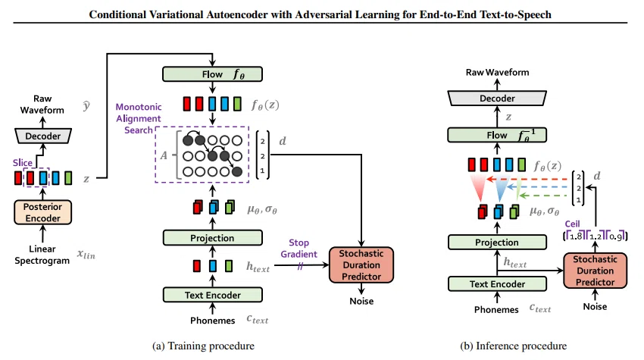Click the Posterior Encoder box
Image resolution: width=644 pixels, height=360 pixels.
42,212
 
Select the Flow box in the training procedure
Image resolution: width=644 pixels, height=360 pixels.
212,74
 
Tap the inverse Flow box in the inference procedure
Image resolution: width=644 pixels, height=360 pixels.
497,135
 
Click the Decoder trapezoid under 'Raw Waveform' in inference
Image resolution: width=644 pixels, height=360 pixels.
497,99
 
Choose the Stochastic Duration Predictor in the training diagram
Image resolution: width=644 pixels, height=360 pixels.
361,265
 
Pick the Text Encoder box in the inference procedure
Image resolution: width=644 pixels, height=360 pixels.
497,284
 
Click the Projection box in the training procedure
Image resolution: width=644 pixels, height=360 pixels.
212,238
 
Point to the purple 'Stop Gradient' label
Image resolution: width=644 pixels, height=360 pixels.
299,249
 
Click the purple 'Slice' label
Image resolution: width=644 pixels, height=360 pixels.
23,162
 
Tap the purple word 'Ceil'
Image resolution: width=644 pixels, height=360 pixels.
572,224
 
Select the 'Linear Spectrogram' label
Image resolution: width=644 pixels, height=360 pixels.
42,255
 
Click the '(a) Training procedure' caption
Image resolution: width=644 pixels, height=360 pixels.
203,346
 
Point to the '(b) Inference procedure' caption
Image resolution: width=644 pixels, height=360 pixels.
514,346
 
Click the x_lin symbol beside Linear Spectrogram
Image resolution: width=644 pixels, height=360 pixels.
86,254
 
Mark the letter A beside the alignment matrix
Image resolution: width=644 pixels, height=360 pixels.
164,156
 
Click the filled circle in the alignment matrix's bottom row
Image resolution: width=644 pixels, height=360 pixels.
237,171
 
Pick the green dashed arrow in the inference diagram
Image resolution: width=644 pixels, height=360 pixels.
543,196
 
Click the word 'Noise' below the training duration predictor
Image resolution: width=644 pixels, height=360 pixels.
361,301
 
